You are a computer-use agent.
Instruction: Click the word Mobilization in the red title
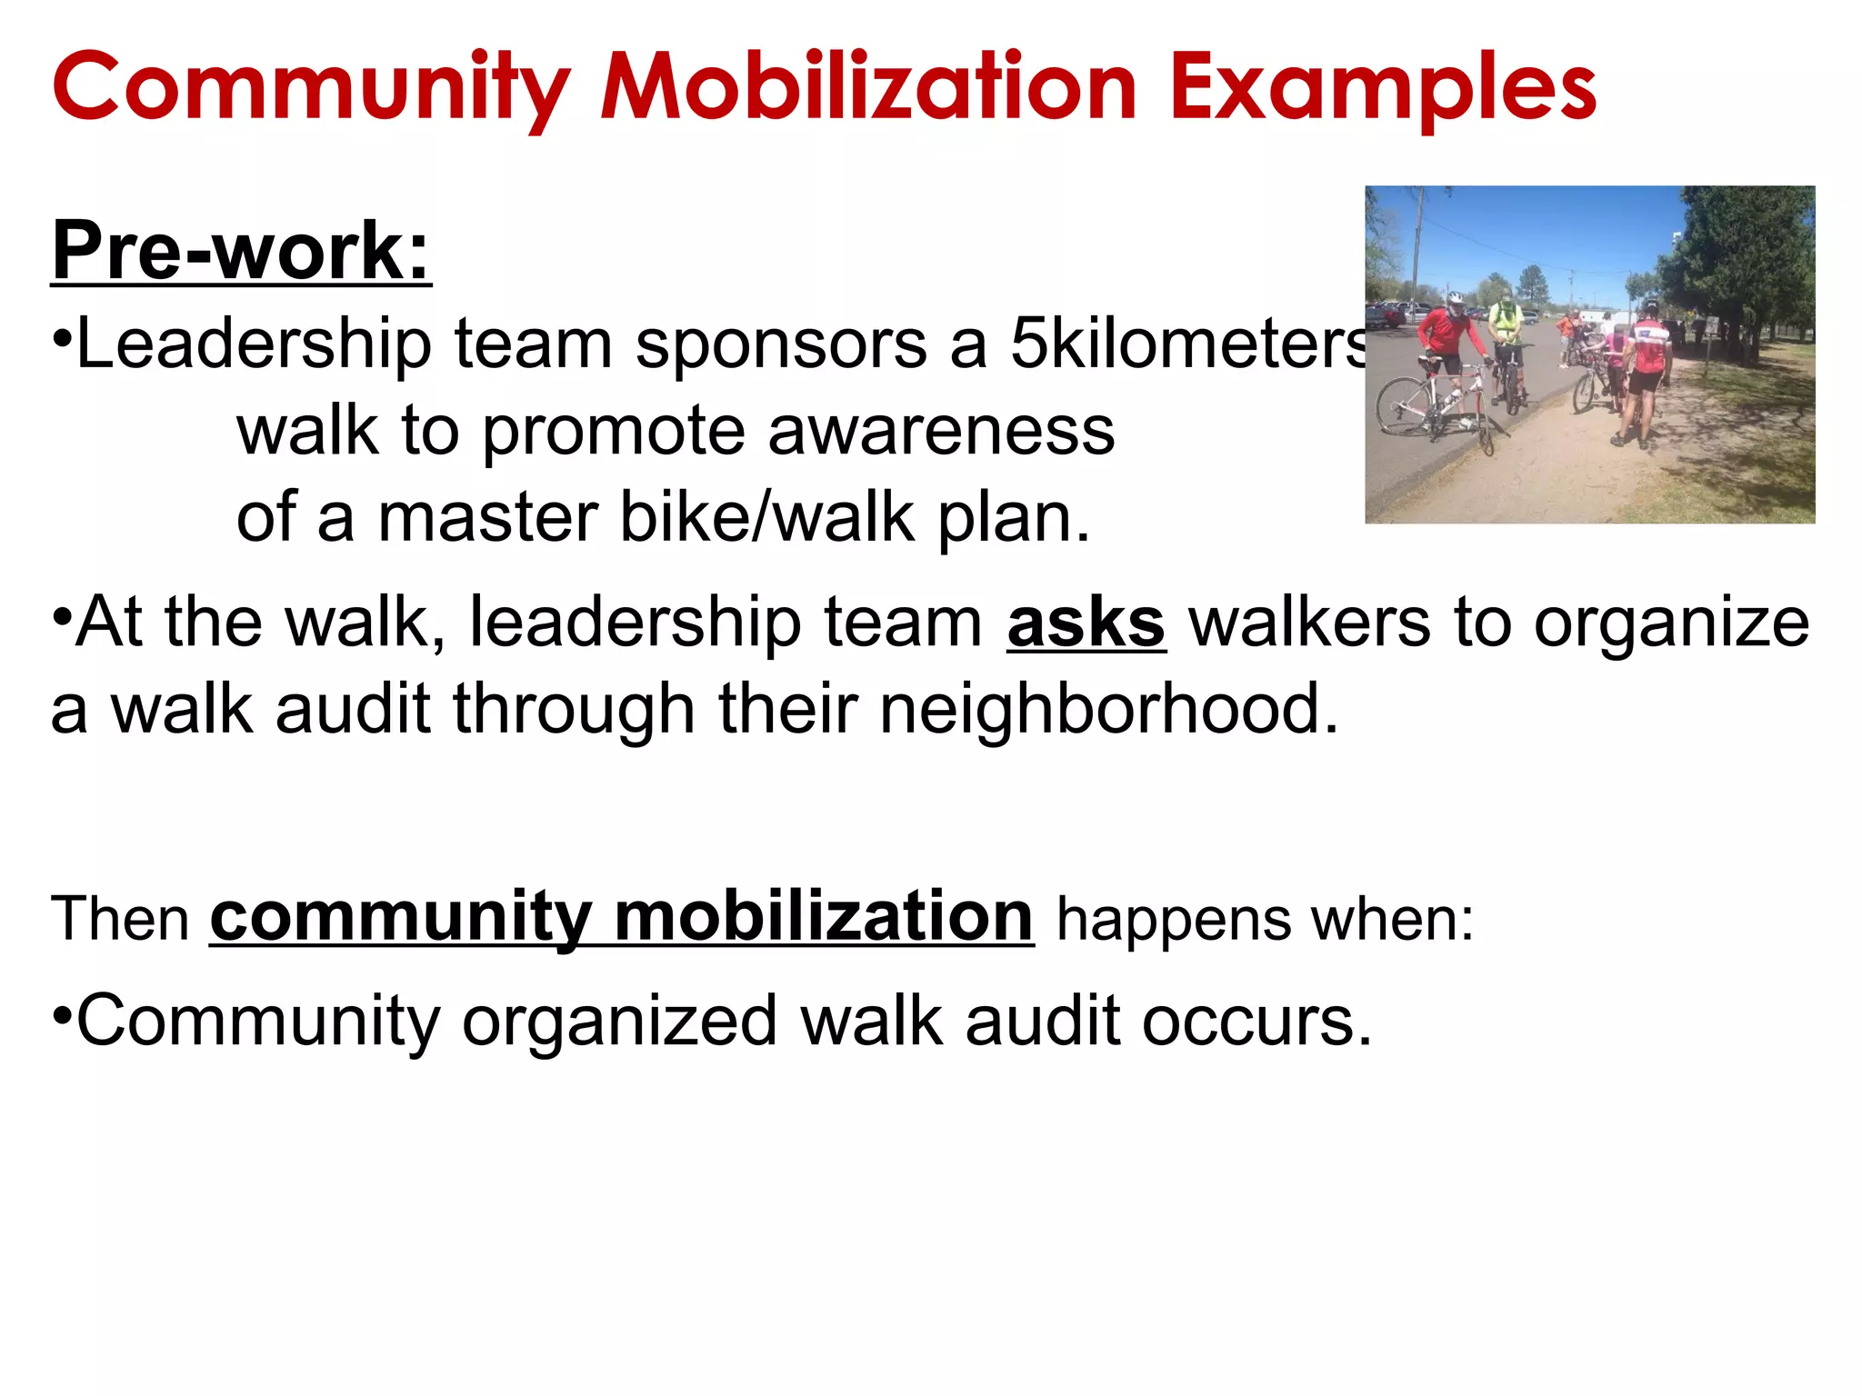pos(868,87)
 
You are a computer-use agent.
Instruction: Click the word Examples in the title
pos(1383,87)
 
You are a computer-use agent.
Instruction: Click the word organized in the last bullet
pos(619,1022)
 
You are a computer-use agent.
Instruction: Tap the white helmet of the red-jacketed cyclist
pos(1456,298)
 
